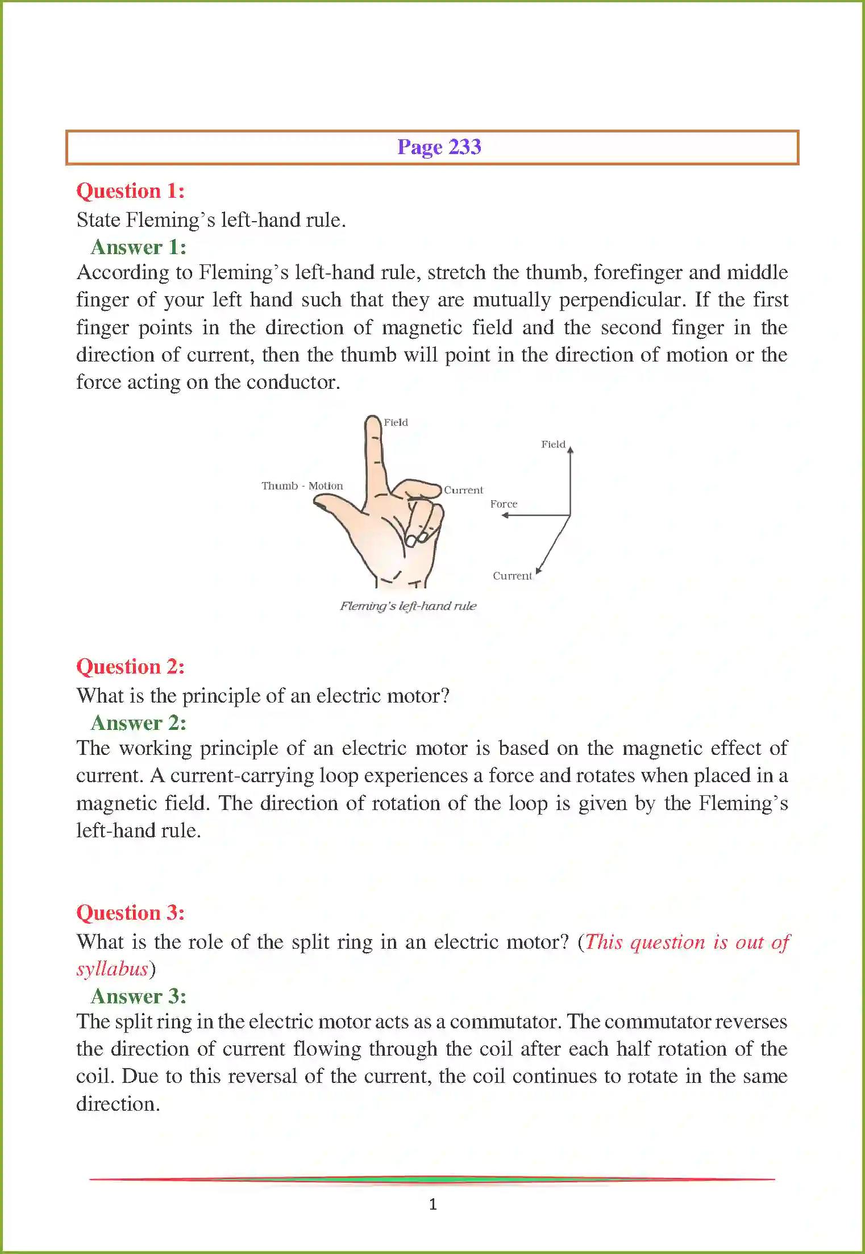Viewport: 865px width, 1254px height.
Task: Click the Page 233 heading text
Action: click(439, 147)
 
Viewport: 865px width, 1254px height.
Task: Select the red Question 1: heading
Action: click(130, 191)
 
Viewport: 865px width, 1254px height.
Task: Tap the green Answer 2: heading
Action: click(138, 723)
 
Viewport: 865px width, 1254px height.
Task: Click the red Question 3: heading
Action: click(130, 913)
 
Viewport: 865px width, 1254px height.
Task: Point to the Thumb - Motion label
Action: click(302, 486)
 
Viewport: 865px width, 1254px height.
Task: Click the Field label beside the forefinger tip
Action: click(396, 422)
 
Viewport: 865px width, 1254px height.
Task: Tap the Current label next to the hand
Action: click(463, 490)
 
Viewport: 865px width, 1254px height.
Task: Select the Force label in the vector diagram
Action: click(504, 504)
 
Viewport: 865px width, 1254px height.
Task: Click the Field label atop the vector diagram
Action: click(552, 445)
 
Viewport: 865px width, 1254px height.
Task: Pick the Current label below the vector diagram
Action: click(512, 576)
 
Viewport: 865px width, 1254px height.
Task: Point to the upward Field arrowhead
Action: click(570, 450)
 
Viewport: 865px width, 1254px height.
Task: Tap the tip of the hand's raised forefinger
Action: click(373, 420)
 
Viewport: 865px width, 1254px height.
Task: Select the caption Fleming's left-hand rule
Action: click(407, 606)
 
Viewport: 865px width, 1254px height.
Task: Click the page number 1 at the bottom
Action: click(432, 1204)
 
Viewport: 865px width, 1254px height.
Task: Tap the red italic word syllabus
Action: click(112, 969)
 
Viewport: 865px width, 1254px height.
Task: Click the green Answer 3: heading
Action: click(138, 996)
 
